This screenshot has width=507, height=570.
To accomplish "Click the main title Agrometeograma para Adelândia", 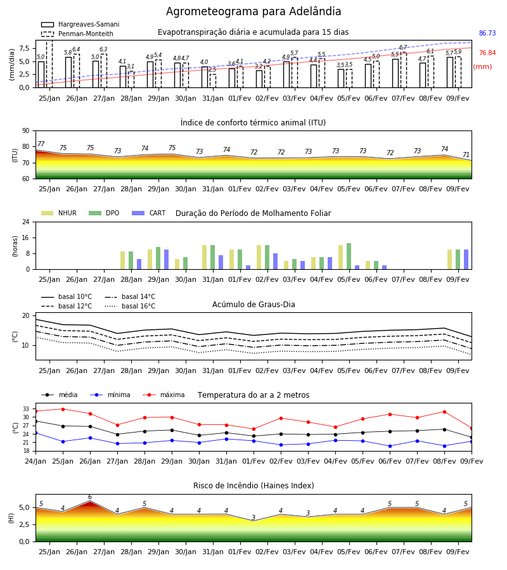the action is coord(253,11).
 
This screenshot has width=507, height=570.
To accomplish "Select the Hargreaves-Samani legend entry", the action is coord(80,24).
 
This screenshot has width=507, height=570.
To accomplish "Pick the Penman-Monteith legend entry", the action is coord(77,34).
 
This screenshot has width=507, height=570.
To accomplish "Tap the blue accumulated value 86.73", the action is coord(487,33).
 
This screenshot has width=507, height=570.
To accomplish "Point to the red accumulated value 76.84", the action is coord(487,53).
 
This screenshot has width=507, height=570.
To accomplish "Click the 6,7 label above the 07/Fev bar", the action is coord(403,47).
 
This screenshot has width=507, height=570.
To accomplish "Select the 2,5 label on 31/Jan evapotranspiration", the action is coord(212,69).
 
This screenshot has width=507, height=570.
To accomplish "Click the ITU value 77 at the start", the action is coord(41,144).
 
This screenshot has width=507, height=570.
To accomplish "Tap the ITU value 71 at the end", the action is coord(466,155).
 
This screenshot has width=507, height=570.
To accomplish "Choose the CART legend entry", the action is coord(149,213).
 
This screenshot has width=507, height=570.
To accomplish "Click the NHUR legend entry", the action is coord(59,213).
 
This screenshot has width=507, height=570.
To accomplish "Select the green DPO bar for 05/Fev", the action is coord(349,256).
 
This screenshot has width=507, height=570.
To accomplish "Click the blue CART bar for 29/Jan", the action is coord(166,260).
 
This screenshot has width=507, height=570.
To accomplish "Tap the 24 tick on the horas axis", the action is coord(26,222).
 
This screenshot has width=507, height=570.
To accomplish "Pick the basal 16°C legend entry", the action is coord(130,306).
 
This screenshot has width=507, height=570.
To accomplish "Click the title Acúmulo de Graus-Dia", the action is coord(253,305).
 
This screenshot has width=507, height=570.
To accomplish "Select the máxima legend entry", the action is coord(164,395).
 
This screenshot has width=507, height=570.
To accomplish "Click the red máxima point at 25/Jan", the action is coord(63,409).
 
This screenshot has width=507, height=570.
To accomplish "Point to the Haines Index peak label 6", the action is coord(90,497).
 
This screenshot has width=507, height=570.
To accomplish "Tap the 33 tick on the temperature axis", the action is coord(26,409).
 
